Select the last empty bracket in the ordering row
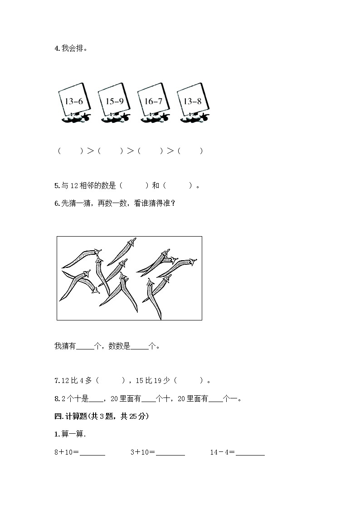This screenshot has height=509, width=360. [190, 151]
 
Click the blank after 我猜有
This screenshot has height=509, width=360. [85, 346]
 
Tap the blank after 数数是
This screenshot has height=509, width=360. [141, 346]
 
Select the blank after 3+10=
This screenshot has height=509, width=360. [170, 452]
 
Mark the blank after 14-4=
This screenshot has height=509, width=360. [250, 452]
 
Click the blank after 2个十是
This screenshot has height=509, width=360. [97, 399]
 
